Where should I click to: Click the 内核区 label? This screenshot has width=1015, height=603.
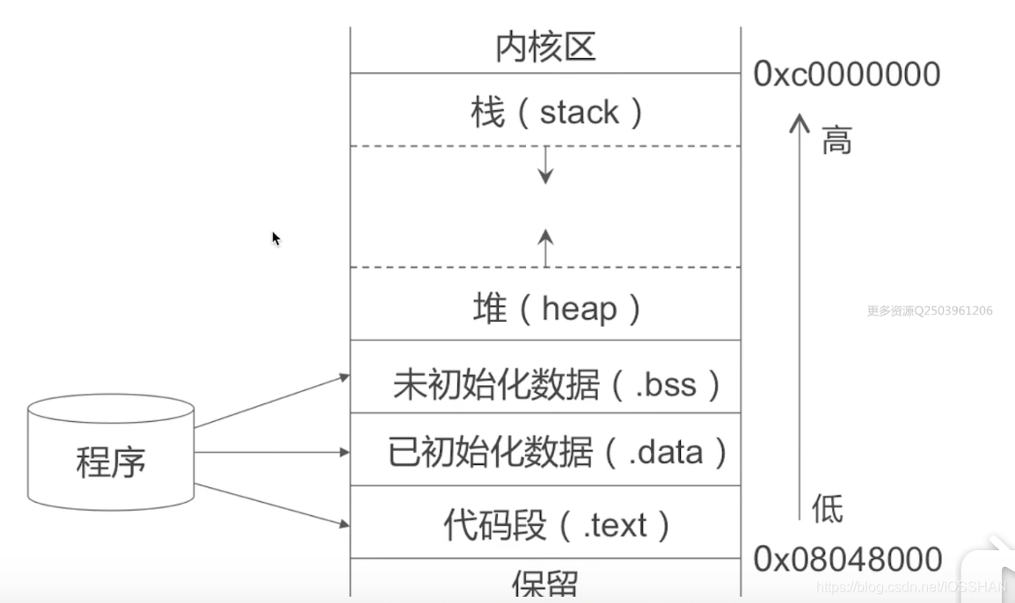[x=545, y=47]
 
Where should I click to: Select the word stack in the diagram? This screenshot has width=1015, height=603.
[x=580, y=113]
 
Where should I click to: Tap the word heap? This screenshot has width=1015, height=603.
[x=580, y=309]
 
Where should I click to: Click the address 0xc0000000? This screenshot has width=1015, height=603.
[x=847, y=75]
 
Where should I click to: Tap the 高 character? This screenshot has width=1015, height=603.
[x=836, y=141]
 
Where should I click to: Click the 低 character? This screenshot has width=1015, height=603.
[x=827, y=508]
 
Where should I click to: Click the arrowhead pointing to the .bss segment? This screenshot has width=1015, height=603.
[x=345, y=377]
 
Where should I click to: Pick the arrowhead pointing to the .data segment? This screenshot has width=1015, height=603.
[x=345, y=453]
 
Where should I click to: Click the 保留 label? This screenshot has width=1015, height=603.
[x=545, y=585]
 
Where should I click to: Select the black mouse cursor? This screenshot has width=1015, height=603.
[x=276, y=238]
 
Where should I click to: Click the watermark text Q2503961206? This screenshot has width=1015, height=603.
[x=953, y=310]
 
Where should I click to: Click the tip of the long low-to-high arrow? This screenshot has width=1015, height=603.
[x=799, y=115]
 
